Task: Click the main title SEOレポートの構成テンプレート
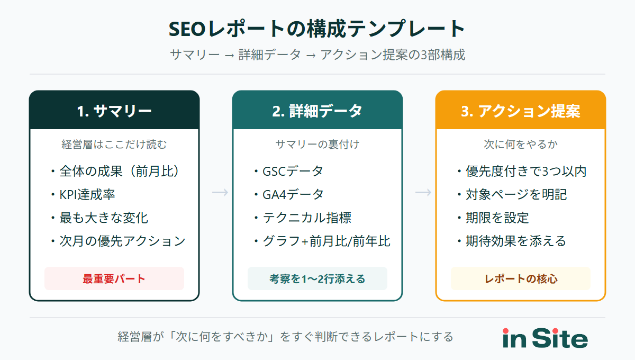point(317,29)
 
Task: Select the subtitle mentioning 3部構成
point(317,55)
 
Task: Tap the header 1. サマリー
point(114,111)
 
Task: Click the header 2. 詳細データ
point(317,111)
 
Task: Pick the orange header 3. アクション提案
point(521,111)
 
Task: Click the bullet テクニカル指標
point(302,218)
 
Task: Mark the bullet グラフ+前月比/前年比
point(321,241)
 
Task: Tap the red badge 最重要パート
point(114,278)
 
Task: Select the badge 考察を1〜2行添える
point(317,278)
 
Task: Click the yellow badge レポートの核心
point(521,278)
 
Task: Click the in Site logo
point(545,338)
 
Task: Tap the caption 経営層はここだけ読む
point(114,143)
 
